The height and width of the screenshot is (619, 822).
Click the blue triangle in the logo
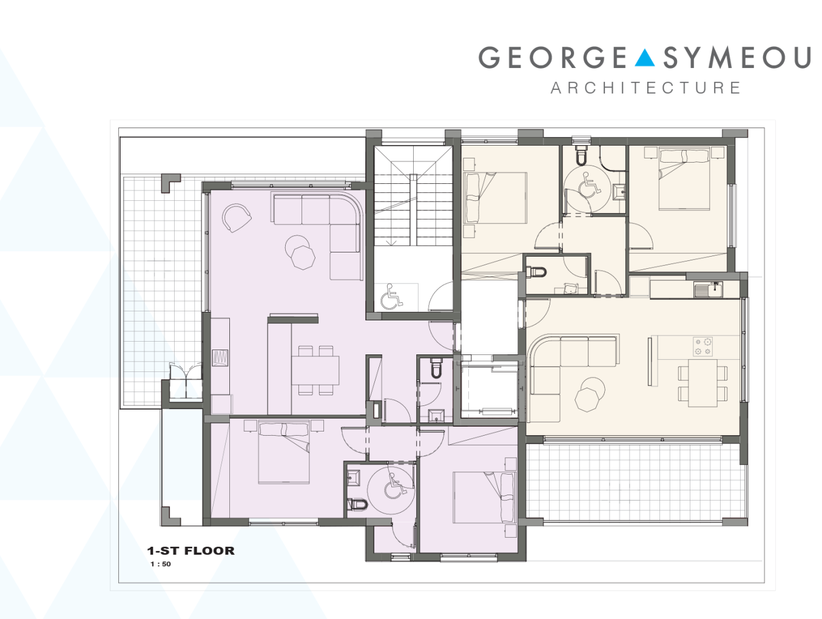(x=644, y=59)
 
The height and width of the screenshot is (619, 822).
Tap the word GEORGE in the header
(x=553, y=58)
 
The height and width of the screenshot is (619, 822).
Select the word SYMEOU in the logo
(x=737, y=58)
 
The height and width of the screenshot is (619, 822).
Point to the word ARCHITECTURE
(x=645, y=88)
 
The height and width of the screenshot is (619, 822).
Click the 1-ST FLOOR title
(x=190, y=550)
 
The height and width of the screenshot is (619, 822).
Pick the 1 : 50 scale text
(x=161, y=564)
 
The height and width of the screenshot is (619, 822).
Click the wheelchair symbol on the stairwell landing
(x=391, y=297)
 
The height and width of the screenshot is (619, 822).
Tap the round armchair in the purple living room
(x=236, y=218)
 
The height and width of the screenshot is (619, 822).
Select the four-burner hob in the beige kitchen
(x=702, y=347)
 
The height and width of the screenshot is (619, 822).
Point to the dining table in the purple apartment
(x=315, y=370)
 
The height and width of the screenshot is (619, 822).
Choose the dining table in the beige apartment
(x=702, y=383)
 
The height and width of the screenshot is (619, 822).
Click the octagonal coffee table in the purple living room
(x=303, y=258)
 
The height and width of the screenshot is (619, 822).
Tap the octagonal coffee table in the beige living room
(x=587, y=400)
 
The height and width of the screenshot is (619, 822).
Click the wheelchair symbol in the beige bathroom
(x=590, y=183)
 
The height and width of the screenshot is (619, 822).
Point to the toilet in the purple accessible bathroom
(x=357, y=504)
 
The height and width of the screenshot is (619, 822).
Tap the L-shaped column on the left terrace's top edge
(x=170, y=183)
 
